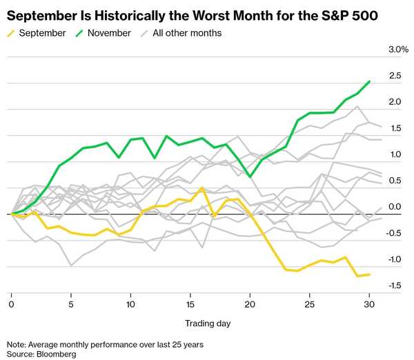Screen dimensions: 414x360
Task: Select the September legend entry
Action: [37, 33]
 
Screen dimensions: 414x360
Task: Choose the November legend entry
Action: [103, 33]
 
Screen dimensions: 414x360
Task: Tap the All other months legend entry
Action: [181, 33]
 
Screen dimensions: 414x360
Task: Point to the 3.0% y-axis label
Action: [398, 50]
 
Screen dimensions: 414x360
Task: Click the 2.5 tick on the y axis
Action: [395, 76]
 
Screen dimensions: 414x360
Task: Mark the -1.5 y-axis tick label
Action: [395, 286]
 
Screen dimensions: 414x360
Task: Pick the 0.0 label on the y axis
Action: [395, 207]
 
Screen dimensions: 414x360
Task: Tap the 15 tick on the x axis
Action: [190, 305]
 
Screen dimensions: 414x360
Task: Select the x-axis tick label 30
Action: [369, 305]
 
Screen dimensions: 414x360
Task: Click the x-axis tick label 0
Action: [11, 305]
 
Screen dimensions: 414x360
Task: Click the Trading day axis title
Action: [208, 323]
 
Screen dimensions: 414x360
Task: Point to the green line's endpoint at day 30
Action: [369, 81]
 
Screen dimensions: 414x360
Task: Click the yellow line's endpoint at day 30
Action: [369, 274]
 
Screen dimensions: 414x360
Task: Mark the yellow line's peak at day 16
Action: [202, 188]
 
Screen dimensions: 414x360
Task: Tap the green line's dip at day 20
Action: [250, 176]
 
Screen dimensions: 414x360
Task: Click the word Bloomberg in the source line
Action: [57, 354]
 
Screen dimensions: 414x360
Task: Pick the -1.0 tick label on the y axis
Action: [395, 259]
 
